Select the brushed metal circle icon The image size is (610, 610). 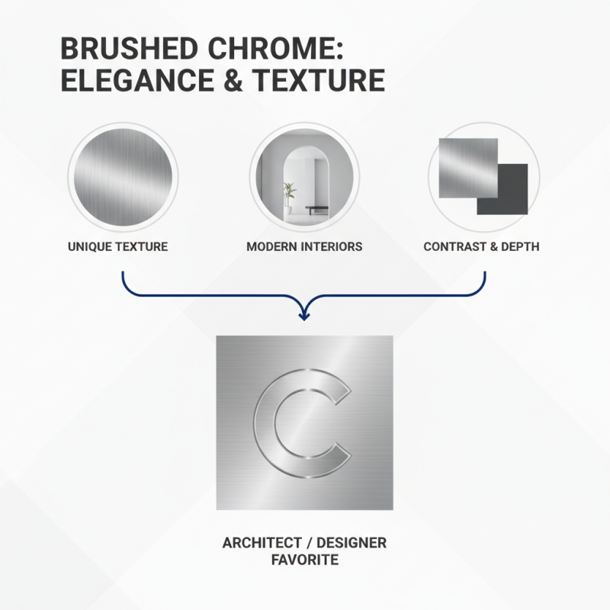coord(122,177)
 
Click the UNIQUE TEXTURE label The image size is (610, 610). coord(117,247)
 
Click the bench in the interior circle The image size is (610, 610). coord(317,208)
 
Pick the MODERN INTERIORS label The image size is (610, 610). coord(304,247)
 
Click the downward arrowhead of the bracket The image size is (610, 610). coord(304,313)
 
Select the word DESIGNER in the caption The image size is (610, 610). coord(352,543)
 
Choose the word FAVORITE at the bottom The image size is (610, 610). coord(304,560)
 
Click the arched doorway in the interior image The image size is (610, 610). coord(303,183)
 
